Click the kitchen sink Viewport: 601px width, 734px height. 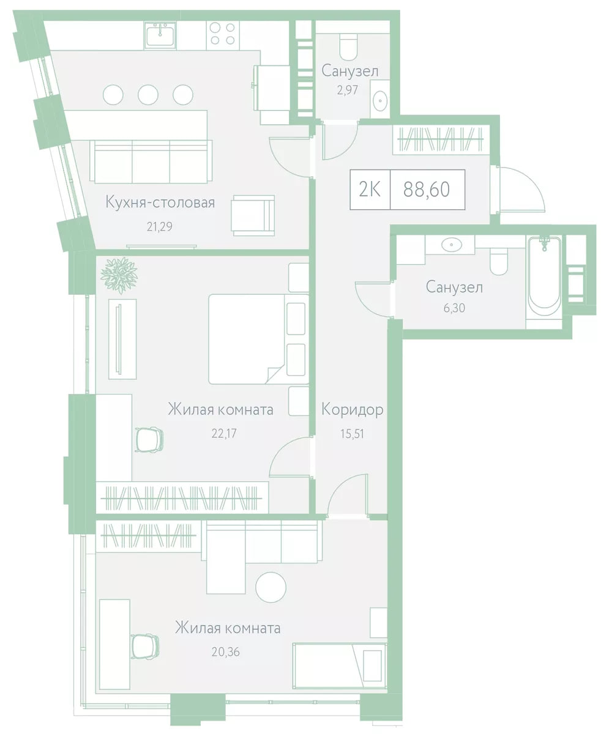(x=160, y=35)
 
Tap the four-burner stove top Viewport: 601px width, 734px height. (x=223, y=34)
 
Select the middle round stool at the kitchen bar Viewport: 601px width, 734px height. (x=148, y=95)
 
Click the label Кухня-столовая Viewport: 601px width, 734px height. (x=160, y=202)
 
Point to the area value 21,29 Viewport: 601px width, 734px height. (x=160, y=227)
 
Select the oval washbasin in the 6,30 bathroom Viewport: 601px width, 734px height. (x=452, y=245)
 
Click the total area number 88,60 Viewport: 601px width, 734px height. (x=427, y=190)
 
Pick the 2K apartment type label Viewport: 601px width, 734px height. (x=370, y=190)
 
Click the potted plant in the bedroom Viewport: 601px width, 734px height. (x=119, y=275)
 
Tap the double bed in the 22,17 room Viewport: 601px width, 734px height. (x=259, y=339)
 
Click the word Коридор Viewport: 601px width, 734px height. (x=352, y=410)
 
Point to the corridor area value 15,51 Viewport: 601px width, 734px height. (x=352, y=434)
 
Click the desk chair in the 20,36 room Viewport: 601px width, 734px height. (x=145, y=647)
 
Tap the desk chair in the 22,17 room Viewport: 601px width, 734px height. (x=149, y=440)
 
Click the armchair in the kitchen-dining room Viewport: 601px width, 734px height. (x=253, y=215)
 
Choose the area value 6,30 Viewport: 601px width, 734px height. (x=454, y=308)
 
